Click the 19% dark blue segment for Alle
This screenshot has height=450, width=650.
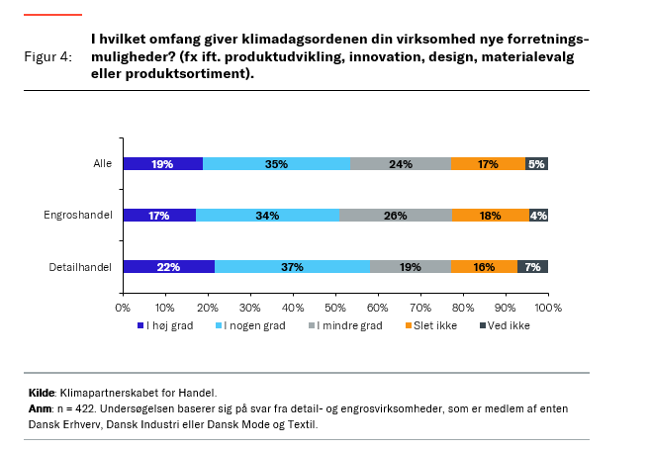[x=163, y=164]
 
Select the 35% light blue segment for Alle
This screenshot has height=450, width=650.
[x=276, y=164]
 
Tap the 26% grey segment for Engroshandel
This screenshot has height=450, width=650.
[x=396, y=215]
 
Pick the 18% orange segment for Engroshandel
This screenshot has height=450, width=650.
[x=491, y=215]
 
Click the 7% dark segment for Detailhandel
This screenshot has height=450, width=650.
[x=532, y=266]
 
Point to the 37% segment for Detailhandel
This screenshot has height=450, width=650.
[x=292, y=266]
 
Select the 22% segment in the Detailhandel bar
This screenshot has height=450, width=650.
[x=169, y=266]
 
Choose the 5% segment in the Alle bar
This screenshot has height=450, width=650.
[x=536, y=164]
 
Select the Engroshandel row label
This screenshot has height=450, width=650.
[x=78, y=215]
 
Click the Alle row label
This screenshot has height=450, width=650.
[x=102, y=164]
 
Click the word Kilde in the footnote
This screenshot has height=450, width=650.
[x=42, y=393]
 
